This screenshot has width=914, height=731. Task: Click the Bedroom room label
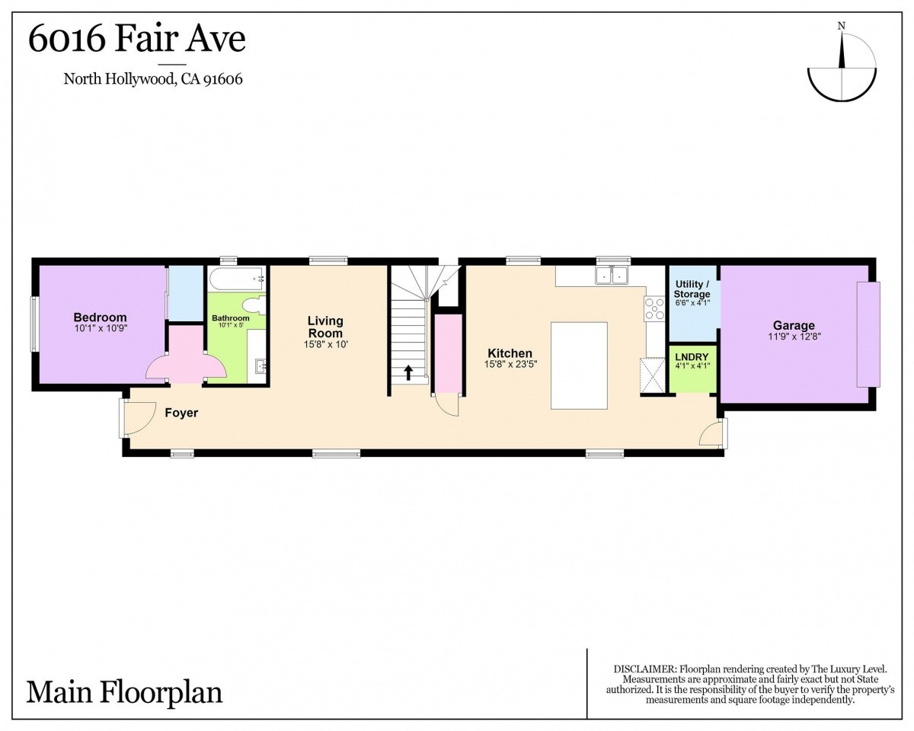pos(101,318)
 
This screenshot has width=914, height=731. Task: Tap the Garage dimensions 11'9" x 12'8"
pos(794,337)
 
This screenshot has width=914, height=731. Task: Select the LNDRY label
pos(692,357)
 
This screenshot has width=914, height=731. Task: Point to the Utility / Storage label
pos(692,289)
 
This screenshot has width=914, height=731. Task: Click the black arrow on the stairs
pos(408,373)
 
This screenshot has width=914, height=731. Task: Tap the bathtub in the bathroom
pos(237,279)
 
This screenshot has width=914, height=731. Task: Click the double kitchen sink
pos(612,275)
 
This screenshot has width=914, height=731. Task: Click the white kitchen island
pos(579,365)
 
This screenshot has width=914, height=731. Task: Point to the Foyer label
pos(181,413)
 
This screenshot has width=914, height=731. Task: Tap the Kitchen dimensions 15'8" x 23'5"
pos(510,364)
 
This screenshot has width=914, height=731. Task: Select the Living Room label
pos(325,327)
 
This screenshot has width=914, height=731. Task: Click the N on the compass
pos(842,26)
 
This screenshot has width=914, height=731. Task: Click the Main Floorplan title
pos(124,693)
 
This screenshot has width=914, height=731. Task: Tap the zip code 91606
pos(222,79)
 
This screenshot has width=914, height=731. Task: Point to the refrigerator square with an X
pos(653,376)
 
